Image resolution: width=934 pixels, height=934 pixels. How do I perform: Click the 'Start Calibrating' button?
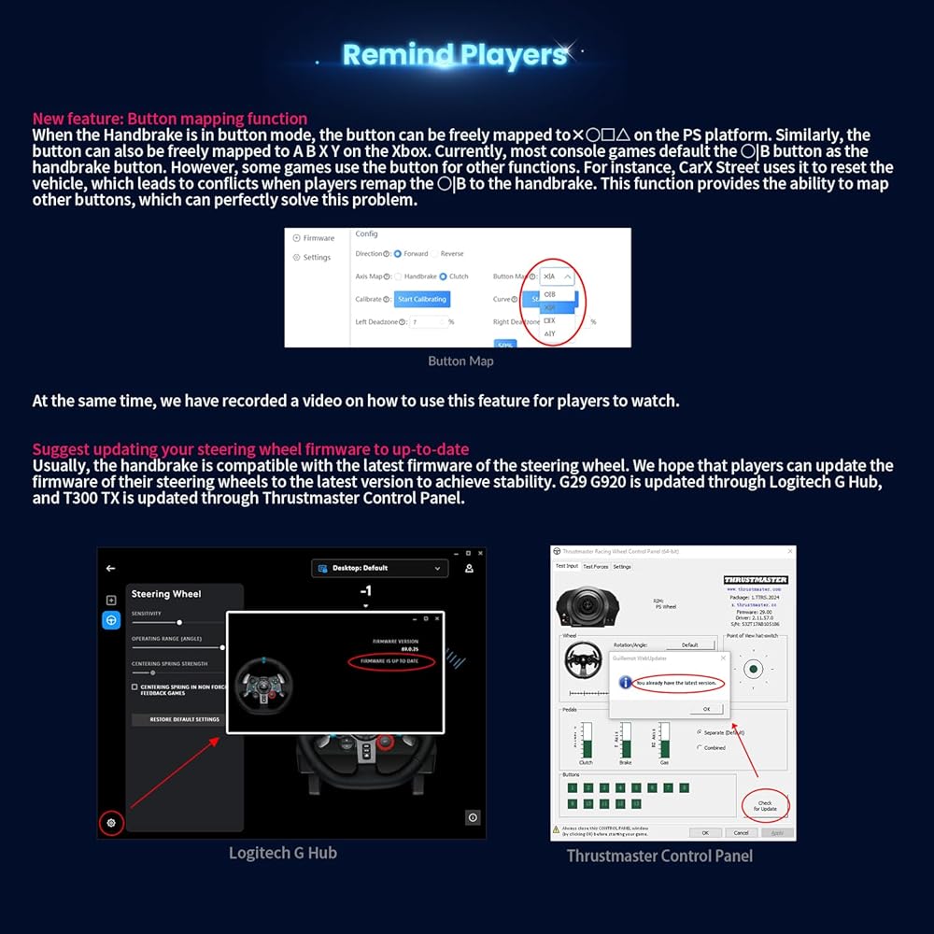pyautogui.click(x=422, y=299)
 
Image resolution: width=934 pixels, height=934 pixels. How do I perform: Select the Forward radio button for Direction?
pyautogui.click(x=398, y=254)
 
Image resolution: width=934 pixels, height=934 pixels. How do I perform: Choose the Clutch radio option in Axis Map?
pyautogui.click(x=444, y=276)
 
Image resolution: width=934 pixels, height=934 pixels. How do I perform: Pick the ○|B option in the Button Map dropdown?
pyautogui.click(x=550, y=294)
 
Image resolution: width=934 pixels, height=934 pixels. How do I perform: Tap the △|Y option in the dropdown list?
pyautogui.click(x=550, y=333)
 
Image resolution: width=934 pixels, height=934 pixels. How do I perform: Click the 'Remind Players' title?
pyautogui.click(x=455, y=55)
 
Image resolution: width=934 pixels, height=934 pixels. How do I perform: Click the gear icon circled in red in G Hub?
pyautogui.click(x=111, y=823)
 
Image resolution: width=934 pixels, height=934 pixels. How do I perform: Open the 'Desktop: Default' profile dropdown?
pyautogui.click(x=379, y=568)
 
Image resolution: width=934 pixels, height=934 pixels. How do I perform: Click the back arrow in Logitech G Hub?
pyautogui.click(x=111, y=568)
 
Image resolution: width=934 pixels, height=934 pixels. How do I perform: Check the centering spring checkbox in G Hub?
pyautogui.click(x=134, y=686)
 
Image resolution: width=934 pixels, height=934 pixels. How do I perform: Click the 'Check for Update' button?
pyautogui.click(x=766, y=804)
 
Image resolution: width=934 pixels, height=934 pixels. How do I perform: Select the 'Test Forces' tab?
pyautogui.click(x=595, y=567)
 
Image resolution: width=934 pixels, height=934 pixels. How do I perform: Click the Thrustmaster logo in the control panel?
pyautogui.click(x=756, y=580)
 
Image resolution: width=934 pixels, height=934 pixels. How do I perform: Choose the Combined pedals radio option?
pyautogui.click(x=700, y=747)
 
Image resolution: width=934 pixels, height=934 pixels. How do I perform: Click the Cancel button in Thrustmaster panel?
pyautogui.click(x=741, y=832)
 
